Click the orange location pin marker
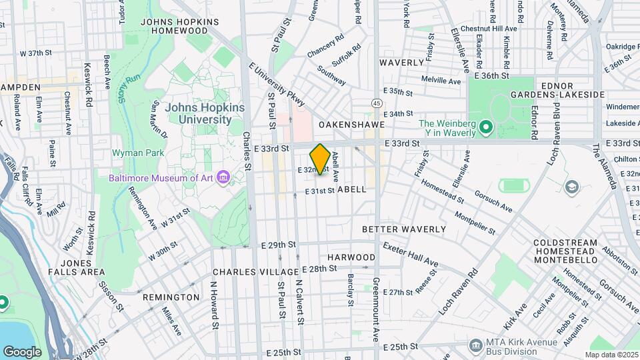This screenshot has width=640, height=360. coord(320,159)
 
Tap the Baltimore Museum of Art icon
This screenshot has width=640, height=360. coord(223,177)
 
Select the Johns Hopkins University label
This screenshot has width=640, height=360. coord(205,113)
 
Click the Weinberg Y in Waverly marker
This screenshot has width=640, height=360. coord(486,126)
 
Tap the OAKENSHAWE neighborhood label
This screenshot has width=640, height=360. coord(343,125)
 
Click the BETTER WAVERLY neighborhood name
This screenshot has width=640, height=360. coord(403,229)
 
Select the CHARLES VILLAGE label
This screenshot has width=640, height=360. coord(255,273)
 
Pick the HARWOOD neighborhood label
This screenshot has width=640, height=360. coord(351,257)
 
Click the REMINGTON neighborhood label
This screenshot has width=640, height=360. coord(171,297)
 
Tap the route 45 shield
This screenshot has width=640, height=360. coord(377,103)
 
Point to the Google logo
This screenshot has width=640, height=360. coord(23,351)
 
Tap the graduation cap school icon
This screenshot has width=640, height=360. coord(572,186)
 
